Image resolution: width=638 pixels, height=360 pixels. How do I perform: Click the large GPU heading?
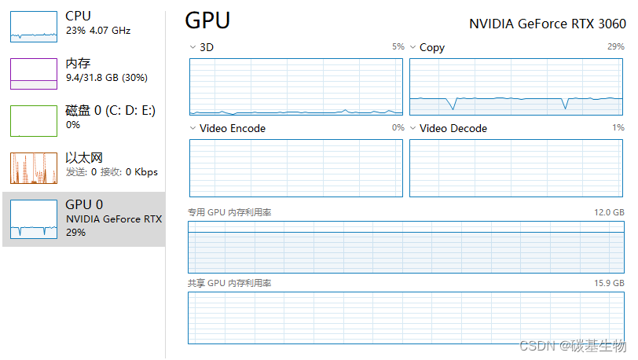[207, 20]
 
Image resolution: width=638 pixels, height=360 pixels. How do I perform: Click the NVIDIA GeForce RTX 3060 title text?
[548, 23]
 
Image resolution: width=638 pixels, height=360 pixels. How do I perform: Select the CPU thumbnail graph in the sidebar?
[34, 27]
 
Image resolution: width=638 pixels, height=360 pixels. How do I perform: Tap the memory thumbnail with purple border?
[34, 73]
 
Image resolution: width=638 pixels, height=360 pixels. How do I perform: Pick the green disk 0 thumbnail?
[34, 120]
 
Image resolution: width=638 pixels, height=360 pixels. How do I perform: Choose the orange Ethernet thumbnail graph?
[34, 167]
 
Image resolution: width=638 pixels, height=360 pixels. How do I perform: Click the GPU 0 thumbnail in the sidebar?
[34, 219]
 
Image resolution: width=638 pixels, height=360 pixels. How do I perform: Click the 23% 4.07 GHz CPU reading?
[97, 31]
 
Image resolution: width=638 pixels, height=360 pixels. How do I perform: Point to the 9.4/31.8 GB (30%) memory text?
[106, 78]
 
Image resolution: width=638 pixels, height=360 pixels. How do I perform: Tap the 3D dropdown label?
[206, 47]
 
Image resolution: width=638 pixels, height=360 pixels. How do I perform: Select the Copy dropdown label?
[431, 47]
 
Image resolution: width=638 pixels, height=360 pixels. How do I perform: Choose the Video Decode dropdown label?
[453, 128]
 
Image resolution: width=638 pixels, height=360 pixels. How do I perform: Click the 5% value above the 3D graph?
[398, 47]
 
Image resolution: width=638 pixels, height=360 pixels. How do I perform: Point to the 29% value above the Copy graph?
[616, 47]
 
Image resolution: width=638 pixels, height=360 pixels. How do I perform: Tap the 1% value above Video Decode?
[618, 128]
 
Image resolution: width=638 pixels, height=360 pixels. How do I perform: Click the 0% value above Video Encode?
[398, 128]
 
